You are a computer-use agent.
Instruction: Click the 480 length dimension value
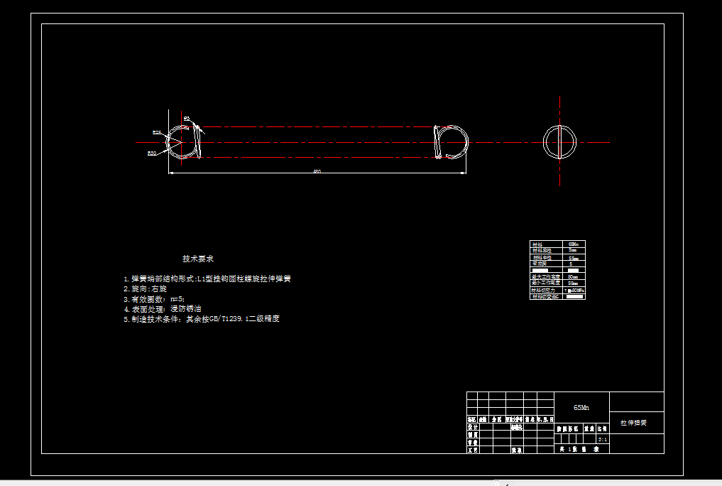click(x=317, y=172)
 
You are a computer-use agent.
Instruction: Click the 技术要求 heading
click(x=198, y=259)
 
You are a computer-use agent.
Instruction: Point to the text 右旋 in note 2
click(x=158, y=289)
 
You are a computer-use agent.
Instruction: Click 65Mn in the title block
click(x=581, y=408)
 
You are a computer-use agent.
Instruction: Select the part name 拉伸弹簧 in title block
click(x=633, y=423)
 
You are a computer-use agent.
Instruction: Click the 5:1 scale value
click(x=603, y=441)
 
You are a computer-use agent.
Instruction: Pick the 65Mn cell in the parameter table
click(x=573, y=244)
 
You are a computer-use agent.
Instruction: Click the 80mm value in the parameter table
click(x=573, y=277)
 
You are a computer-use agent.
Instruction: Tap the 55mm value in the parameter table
click(x=573, y=258)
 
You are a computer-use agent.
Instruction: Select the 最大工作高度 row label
click(x=545, y=277)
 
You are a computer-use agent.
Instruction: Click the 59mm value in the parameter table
click(x=573, y=283)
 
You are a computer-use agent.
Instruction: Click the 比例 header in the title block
click(x=602, y=429)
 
